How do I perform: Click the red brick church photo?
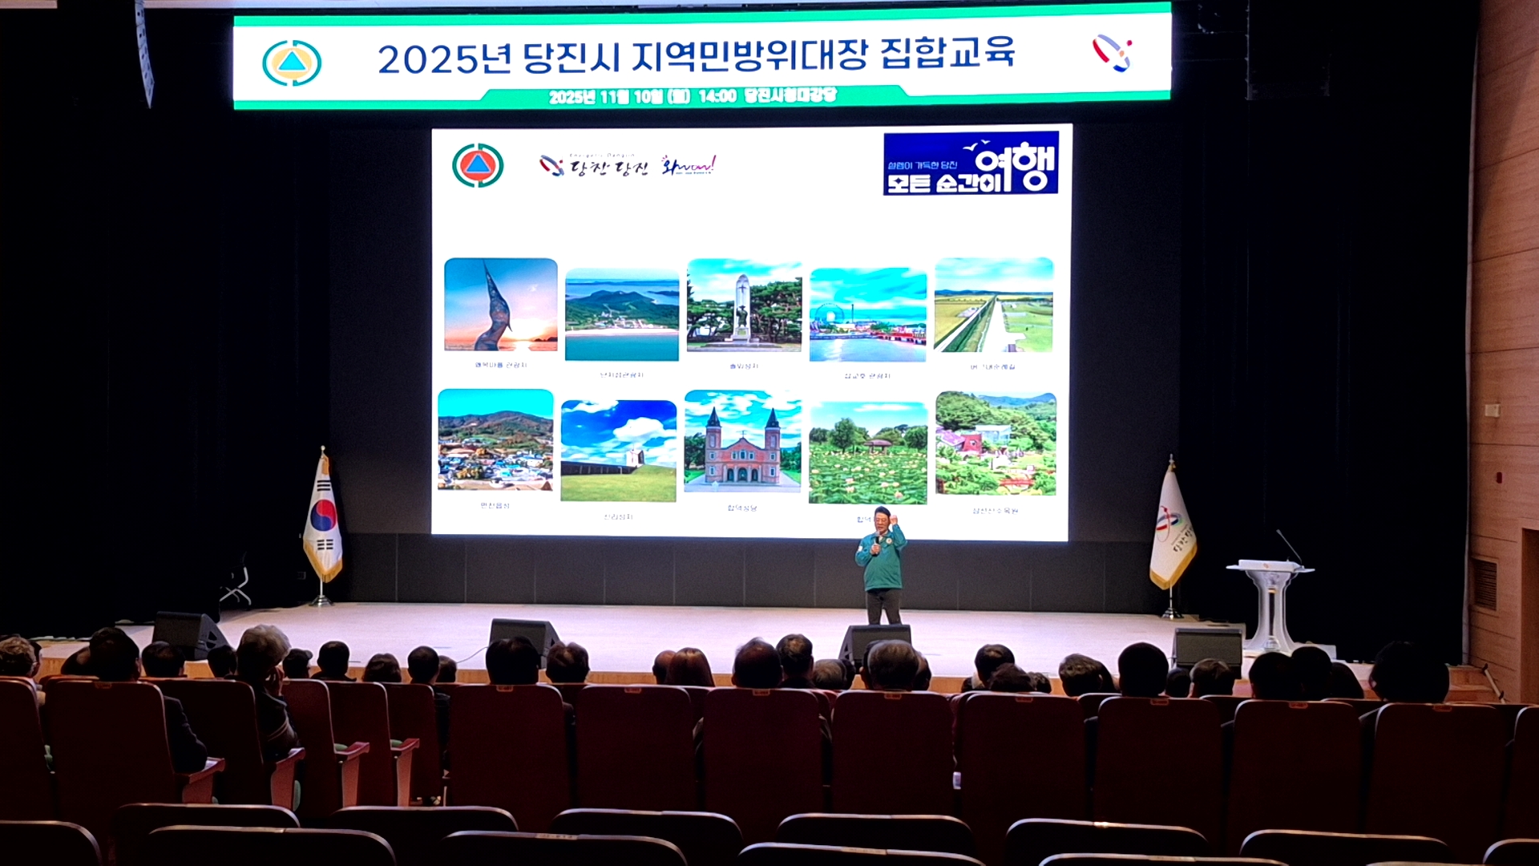742,442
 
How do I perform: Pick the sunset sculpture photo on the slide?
500,305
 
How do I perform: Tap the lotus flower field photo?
867,453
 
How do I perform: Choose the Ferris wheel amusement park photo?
868,315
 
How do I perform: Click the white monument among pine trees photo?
744,306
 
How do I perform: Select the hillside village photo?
495,440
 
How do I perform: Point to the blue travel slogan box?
971,164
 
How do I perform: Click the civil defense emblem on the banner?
292,63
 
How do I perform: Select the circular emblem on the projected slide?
478,165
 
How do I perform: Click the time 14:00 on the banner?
717,96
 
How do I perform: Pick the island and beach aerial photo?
621,315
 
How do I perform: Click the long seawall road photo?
993,305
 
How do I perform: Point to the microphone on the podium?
1289,546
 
